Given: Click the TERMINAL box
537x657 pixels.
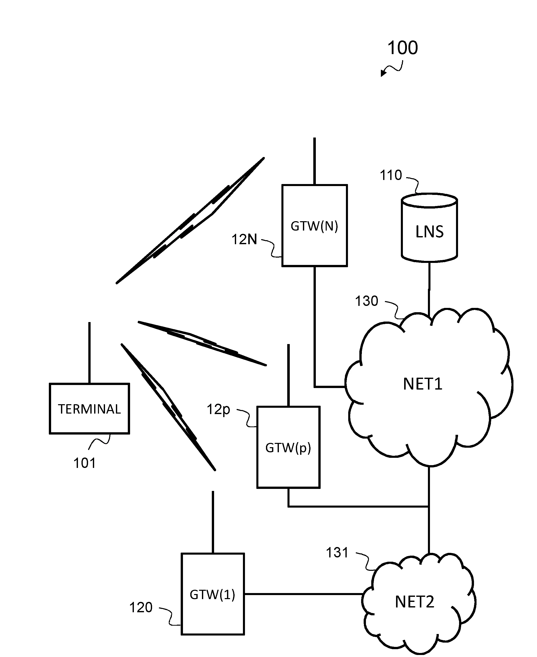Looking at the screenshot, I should click(x=89, y=409).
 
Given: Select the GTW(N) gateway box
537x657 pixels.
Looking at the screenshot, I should click(x=314, y=225).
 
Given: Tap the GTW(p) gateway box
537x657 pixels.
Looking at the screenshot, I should click(x=288, y=447).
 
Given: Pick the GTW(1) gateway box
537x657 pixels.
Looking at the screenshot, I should click(x=213, y=594).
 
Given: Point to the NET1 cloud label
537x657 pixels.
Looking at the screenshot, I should click(x=423, y=384).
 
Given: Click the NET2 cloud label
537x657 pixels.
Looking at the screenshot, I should click(x=415, y=602).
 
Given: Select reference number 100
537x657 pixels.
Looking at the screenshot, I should click(x=402, y=48).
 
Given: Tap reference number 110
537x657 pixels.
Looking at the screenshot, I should click(x=391, y=175).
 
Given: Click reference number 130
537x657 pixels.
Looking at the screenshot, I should click(x=366, y=301).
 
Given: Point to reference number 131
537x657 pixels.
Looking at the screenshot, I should click(x=337, y=553).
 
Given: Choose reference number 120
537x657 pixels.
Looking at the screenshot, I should click(x=141, y=607).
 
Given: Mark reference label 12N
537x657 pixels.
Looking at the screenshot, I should click(x=244, y=239).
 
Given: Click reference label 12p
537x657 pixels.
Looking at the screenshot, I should click(x=218, y=410).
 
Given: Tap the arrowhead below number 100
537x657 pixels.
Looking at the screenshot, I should click(x=383, y=74).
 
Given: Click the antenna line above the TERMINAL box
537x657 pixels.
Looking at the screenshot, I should click(x=89, y=352).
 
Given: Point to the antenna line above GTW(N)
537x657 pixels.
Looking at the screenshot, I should click(x=314, y=161).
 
